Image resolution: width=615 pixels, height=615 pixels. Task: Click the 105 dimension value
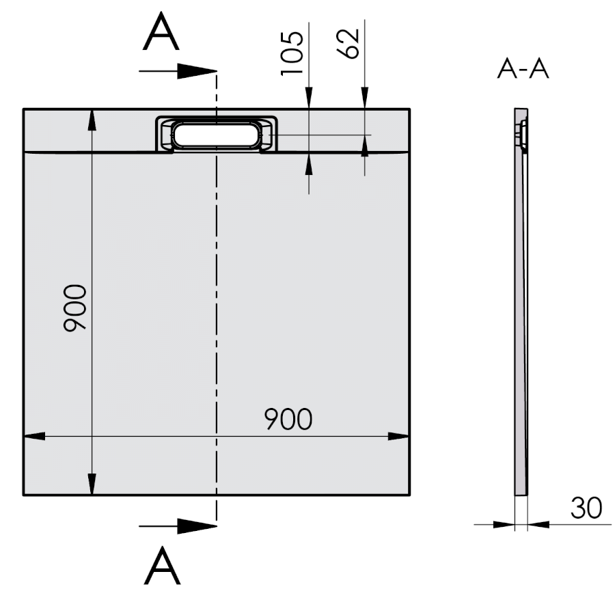[x=292, y=53]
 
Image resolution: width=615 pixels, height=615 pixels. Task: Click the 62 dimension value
[x=348, y=44]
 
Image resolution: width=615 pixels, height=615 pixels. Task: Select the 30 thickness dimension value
[x=586, y=508]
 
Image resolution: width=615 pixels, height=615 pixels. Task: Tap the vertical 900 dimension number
[x=75, y=308]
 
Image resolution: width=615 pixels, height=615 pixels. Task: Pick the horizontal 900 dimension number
[x=288, y=419]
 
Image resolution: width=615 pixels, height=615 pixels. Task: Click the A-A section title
[x=523, y=68]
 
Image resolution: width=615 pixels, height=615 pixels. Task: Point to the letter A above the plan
[x=161, y=31]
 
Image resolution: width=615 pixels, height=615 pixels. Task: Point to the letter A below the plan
[x=163, y=565]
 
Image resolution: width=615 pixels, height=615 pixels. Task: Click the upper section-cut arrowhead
[x=197, y=71]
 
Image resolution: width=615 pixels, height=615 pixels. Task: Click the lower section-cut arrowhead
[x=197, y=526]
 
